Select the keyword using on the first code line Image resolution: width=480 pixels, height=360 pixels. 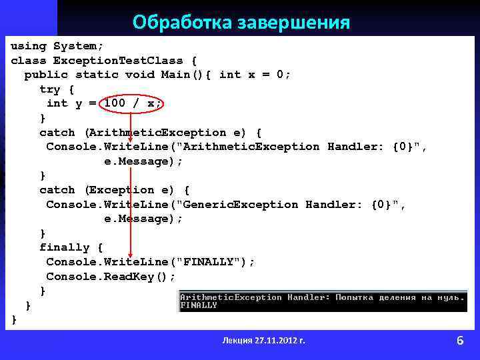(x=29, y=46)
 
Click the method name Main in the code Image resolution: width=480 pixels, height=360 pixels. (x=176, y=75)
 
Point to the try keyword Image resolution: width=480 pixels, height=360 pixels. (x=50, y=89)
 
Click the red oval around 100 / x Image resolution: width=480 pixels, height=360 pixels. (x=132, y=103)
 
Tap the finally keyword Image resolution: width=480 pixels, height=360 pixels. (x=65, y=247)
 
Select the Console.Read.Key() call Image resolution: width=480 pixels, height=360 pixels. (x=111, y=276)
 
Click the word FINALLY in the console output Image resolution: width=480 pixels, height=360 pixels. (x=199, y=305)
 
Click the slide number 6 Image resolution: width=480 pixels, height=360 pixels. (x=460, y=341)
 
